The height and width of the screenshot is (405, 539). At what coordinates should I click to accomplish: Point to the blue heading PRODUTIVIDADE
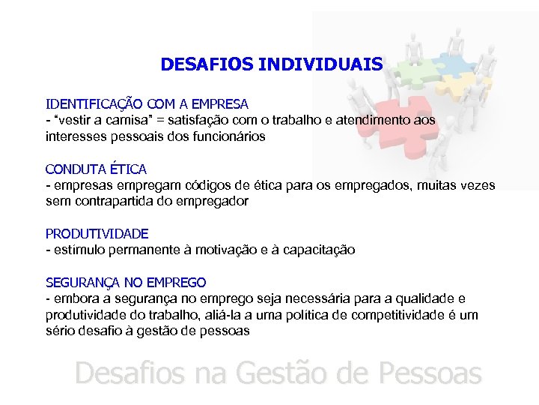97,234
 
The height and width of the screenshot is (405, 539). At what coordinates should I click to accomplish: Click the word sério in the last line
61,331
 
